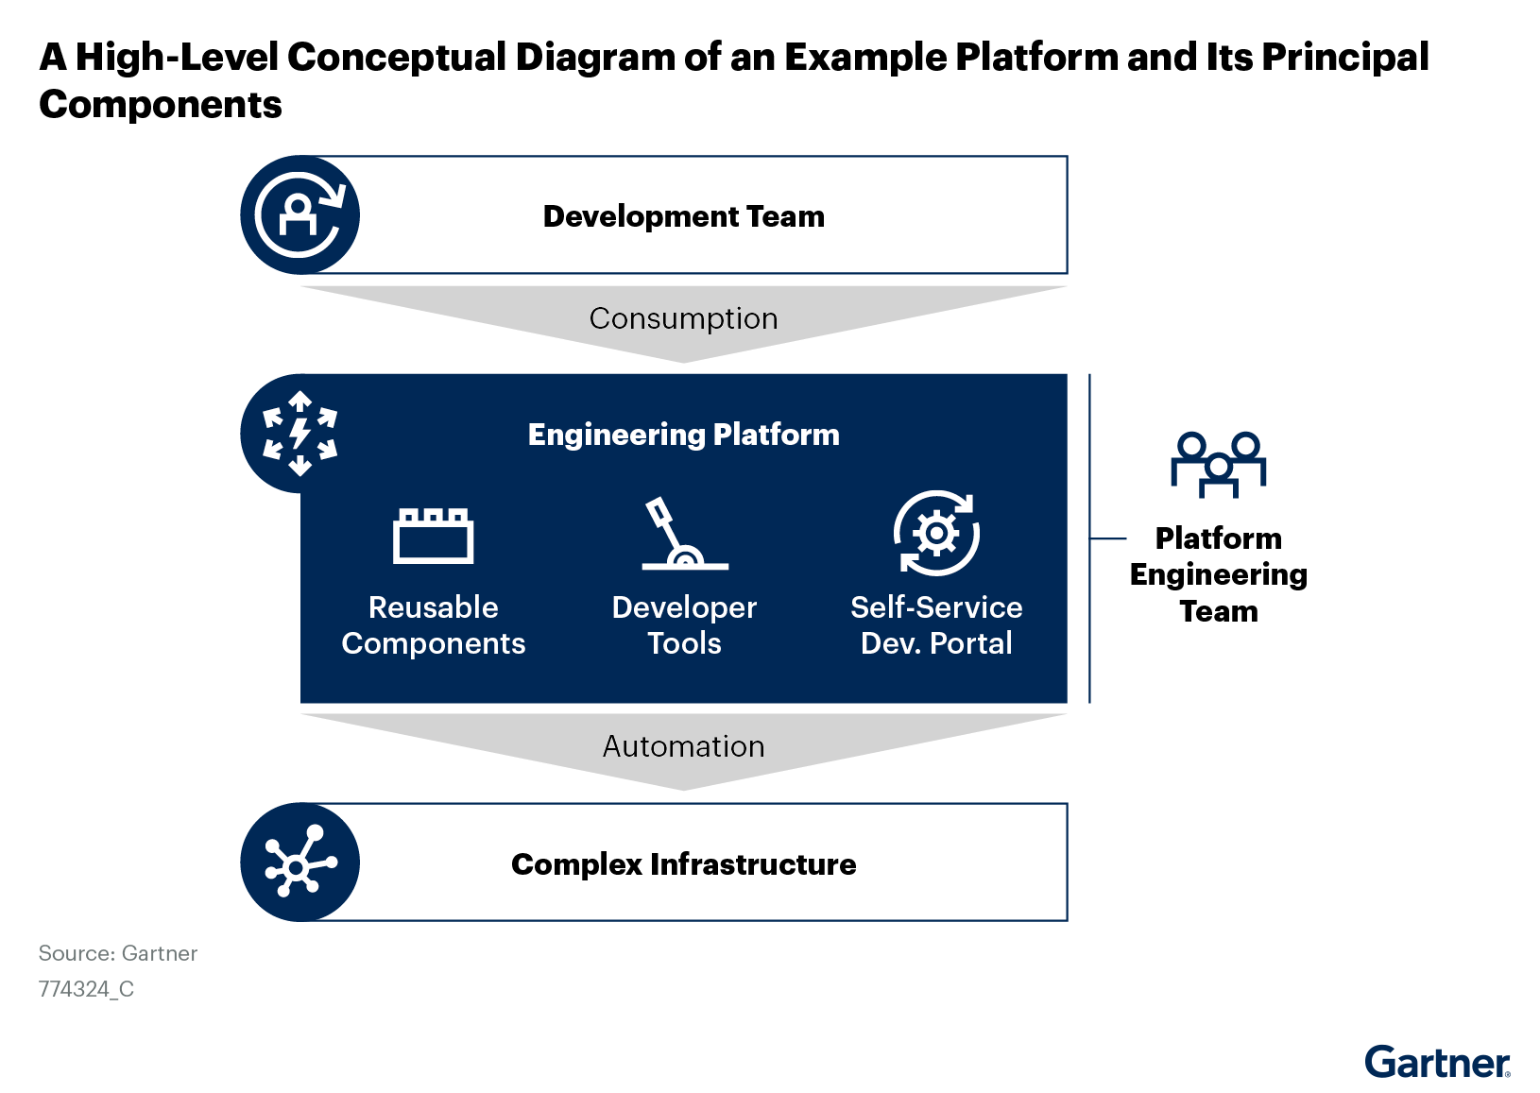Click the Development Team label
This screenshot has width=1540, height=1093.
[x=683, y=216]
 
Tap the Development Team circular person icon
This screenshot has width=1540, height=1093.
[x=300, y=215]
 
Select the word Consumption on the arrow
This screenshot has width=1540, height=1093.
[x=683, y=319]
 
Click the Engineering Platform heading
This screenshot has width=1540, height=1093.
[x=683, y=435]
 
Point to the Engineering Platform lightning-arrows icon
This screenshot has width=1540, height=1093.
[x=300, y=434]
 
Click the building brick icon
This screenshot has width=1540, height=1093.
[x=433, y=536]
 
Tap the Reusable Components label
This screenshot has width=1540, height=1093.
[x=433, y=625]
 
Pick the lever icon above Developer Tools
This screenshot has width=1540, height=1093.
[x=683, y=535]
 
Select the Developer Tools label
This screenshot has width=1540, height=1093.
[x=684, y=625]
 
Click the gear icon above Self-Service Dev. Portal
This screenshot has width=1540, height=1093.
[x=936, y=534]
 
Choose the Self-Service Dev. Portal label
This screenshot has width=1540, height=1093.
[x=936, y=625]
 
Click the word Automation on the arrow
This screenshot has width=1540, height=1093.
[x=683, y=747]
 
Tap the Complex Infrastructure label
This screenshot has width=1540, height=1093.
[x=683, y=864]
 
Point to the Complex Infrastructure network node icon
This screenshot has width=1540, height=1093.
[x=300, y=862]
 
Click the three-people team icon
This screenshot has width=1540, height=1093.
[x=1218, y=464]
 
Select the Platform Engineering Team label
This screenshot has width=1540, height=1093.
[x=1218, y=574]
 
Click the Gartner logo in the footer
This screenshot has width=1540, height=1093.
[x=1437, y=1064]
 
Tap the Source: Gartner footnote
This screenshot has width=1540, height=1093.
[x=118, y=953]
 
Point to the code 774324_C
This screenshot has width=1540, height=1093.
[x=86, y=989]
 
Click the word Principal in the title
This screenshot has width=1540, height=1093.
[x=1344, y=58]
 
